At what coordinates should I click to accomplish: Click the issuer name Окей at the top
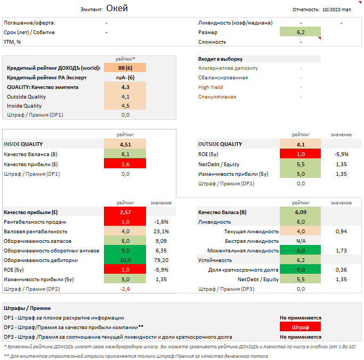117,8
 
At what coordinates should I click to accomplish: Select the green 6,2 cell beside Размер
301,32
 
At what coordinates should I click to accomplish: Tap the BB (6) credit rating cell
125,68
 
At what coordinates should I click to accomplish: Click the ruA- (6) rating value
125,78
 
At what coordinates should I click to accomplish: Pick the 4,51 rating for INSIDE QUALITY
125,144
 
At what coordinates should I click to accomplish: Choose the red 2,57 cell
125,212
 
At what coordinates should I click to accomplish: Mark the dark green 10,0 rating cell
125,260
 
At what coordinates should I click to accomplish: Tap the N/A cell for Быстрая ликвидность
301,241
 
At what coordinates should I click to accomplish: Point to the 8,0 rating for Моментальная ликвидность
301,250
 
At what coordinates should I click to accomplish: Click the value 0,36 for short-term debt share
342,269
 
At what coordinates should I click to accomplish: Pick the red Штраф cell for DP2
301,327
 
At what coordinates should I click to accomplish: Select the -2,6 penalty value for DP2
125,289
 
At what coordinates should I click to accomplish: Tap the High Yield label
211,87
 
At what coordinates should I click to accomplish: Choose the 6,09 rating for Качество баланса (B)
301,212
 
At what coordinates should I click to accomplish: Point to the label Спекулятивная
217,97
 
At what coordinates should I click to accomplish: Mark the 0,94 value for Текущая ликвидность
342,231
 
